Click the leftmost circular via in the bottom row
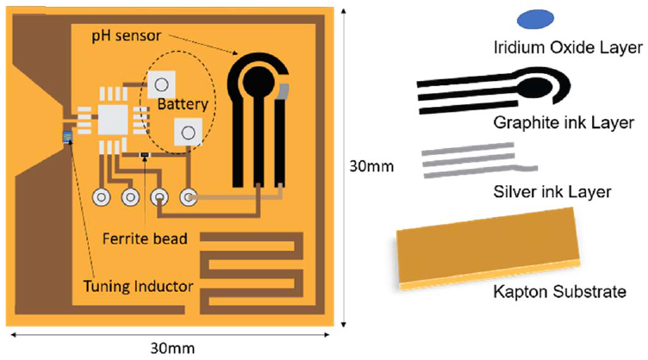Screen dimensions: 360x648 102,197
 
